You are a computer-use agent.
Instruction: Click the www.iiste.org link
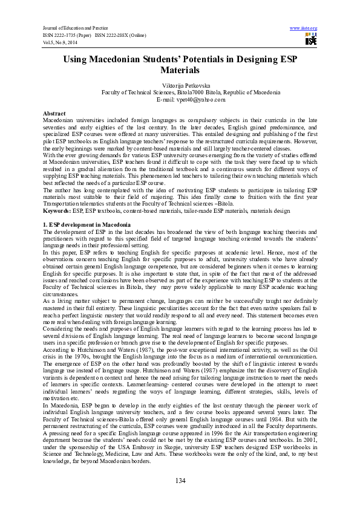[304, 28]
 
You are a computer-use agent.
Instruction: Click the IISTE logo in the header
[310, 40]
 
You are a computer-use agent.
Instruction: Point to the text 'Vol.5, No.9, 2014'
[60, 42]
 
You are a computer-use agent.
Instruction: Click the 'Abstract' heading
[54, 114]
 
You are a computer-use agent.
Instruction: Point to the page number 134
[180, 480]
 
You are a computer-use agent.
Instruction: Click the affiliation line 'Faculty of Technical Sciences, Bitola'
[191, 93]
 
